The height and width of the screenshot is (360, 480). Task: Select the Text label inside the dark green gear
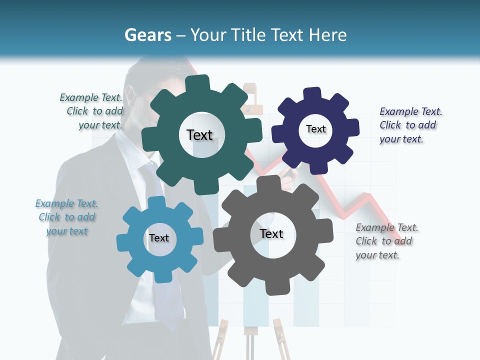point(199,135)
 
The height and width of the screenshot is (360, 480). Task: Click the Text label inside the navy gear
point(316,129)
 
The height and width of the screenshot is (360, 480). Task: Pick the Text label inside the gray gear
point(271,233)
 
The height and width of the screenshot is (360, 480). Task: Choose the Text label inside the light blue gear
point(159,238)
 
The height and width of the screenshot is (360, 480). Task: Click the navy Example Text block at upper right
point(410,125)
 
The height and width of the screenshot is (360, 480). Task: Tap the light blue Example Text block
point(66,217)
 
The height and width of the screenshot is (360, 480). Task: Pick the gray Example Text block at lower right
point(386,241)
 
